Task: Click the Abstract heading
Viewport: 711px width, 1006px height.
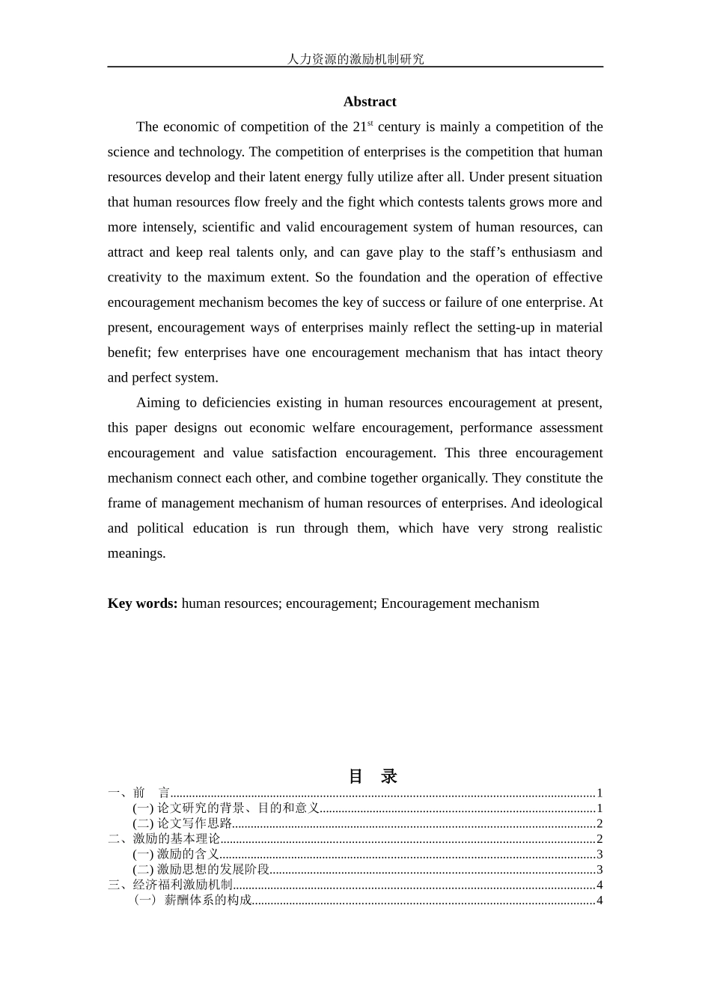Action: tap(370, 102)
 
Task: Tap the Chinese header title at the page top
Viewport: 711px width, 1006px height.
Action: tap(355, 58)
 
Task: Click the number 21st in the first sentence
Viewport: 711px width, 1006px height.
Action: tap(362, 126)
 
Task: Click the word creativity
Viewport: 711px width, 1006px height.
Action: tap(133, 278)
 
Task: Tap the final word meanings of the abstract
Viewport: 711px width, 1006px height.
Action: tap(136, 554)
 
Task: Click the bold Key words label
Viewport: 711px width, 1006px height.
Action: tap(142, 603)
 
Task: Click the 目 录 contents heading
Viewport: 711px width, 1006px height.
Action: tap(372, 776)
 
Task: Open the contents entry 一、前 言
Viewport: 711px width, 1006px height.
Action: tap(139, 793)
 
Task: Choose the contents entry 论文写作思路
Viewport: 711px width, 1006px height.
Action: tap(195, 823)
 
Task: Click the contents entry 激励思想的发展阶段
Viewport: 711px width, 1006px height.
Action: tap(213, 870)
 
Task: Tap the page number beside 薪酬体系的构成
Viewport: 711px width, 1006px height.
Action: tap(599, 900)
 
